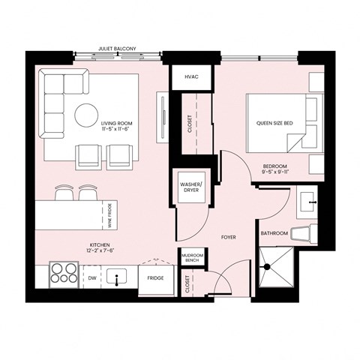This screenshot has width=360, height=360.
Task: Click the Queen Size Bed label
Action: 274,123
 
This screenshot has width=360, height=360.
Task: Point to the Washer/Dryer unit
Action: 190,185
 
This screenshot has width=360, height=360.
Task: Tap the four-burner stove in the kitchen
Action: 63,273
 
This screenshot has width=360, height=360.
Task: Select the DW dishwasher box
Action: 91,277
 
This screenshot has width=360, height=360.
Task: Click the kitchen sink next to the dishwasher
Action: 117,278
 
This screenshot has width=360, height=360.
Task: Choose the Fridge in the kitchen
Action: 155,278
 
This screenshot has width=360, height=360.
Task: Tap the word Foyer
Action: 229,237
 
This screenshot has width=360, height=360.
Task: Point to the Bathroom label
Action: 274,233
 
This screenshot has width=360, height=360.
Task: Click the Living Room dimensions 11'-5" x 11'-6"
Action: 117,129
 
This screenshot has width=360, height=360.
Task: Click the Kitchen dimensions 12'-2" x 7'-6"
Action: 100,250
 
